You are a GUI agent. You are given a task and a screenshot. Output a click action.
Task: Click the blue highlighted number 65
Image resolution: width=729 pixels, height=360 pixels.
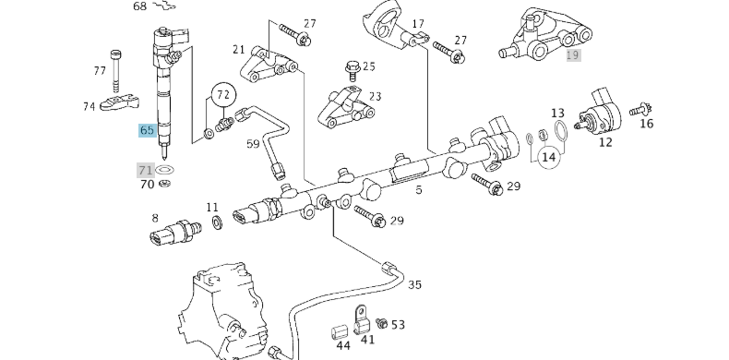pos(147,130)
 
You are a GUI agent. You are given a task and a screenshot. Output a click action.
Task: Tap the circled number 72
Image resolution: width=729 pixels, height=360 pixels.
pos(221,94)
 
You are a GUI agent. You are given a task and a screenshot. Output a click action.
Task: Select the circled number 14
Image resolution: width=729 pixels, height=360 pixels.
pos(549,157)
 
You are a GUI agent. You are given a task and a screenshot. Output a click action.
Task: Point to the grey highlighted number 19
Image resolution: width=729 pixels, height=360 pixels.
pos(573,55)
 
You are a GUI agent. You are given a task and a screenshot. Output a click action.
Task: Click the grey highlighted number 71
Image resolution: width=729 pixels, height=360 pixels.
pos(145,170)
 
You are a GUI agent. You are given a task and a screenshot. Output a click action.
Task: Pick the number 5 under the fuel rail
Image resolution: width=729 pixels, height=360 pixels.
pos(418,190)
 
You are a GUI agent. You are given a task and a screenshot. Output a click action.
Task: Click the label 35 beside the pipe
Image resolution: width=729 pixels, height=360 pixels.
pos(414,284)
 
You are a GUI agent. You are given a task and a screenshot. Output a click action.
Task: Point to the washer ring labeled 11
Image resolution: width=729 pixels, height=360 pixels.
pos(215,223)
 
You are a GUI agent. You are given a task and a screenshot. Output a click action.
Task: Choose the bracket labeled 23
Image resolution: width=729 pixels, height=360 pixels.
pos(346,109)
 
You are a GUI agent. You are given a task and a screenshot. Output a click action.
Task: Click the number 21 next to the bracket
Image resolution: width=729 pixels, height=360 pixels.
pos(239,49)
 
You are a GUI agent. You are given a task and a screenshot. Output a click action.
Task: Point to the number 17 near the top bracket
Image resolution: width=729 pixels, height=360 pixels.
pos(418,24)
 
